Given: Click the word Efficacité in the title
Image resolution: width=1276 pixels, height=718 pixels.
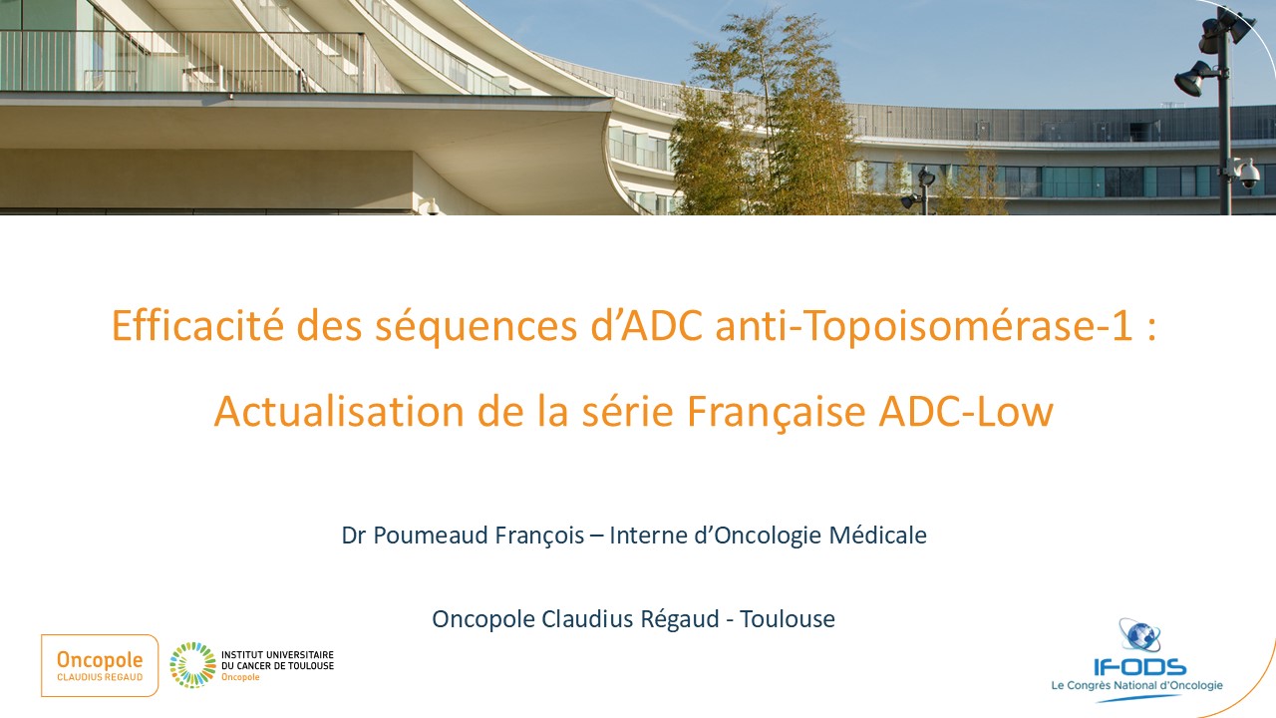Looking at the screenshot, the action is click(197, 325).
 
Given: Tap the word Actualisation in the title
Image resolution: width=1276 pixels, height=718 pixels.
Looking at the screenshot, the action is click(339, 411).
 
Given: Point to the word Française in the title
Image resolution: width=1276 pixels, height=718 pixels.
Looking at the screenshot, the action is click(777, 413).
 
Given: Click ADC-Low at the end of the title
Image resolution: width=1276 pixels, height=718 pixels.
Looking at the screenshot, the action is click(966, 411).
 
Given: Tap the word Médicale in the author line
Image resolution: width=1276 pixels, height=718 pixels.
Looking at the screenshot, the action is click(878, 536).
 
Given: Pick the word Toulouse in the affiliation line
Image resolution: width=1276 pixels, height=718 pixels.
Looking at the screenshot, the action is click(788, 619).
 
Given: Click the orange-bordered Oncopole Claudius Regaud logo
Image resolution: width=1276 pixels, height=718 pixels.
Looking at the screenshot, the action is click(100, 665).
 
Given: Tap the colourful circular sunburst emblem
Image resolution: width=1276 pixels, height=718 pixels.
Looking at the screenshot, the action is click(192, 665).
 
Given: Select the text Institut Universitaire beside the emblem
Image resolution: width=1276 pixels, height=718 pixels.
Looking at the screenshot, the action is click(277, 655).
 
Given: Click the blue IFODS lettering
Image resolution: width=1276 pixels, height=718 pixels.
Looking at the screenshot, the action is click(1139, 667).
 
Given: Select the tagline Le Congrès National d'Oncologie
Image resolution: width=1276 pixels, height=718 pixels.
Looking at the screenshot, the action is click(1137, 685).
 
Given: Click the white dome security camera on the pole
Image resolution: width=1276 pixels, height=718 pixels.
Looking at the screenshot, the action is click(1249, 174).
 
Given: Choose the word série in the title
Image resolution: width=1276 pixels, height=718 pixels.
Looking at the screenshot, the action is click(628, 411).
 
